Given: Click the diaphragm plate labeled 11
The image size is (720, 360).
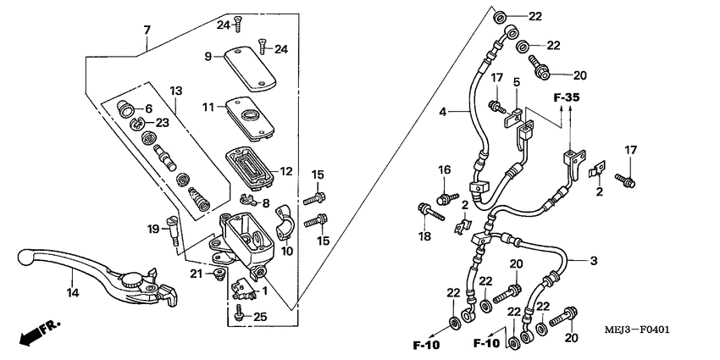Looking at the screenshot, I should (252, 117).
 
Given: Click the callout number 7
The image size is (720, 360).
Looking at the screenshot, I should (147, 30).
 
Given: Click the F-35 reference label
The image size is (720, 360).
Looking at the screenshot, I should (567, 98).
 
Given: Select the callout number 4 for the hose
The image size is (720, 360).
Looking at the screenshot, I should (441, 111).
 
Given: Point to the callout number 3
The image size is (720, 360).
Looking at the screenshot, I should (592, 261).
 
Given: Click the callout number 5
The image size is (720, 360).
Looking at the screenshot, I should (514, 82).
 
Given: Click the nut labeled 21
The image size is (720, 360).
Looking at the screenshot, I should (220, 274).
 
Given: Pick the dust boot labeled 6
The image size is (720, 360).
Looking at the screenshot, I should (127, 108).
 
